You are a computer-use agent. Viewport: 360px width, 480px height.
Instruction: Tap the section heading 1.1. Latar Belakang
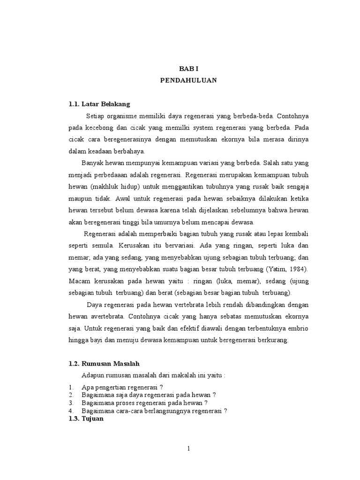99,104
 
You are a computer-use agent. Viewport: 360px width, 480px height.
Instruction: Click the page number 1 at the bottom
188,449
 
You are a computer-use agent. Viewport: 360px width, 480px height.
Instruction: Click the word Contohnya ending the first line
293,116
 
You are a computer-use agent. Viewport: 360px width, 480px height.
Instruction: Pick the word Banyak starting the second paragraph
93,164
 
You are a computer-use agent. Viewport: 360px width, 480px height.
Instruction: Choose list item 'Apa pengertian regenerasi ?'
122,388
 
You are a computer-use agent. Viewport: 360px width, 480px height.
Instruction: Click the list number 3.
71,403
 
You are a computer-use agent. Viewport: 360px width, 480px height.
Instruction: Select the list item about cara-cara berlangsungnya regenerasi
154,411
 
